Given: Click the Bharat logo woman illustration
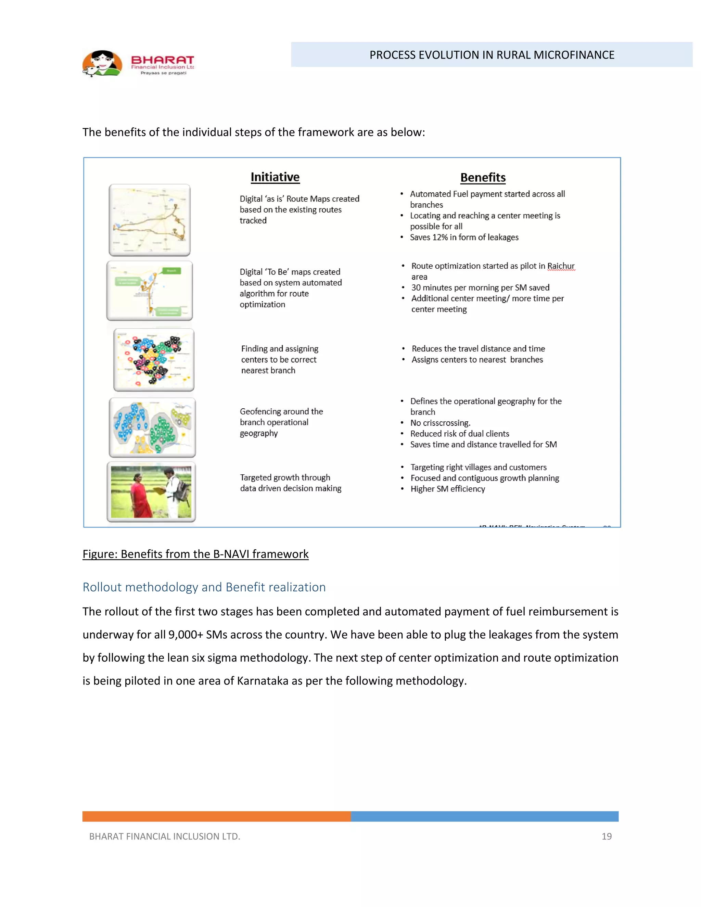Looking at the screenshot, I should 102,64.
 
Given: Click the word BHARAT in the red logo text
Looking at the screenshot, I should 162,60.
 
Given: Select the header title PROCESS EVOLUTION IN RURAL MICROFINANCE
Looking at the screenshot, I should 492,55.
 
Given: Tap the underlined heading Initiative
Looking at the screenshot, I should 275,177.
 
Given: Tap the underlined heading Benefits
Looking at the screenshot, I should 483,178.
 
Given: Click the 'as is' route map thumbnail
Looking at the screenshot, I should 150,220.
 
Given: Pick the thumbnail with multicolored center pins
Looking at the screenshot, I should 154,360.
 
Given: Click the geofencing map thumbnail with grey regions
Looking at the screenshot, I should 152,427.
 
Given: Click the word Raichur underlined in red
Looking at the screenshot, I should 561,266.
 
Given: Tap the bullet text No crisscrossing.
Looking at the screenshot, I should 440,423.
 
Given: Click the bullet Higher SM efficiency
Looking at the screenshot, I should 447,489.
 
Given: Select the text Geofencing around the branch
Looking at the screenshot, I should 281,411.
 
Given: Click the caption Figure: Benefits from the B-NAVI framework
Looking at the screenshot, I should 195,554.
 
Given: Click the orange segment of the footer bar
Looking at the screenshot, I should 216,816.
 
